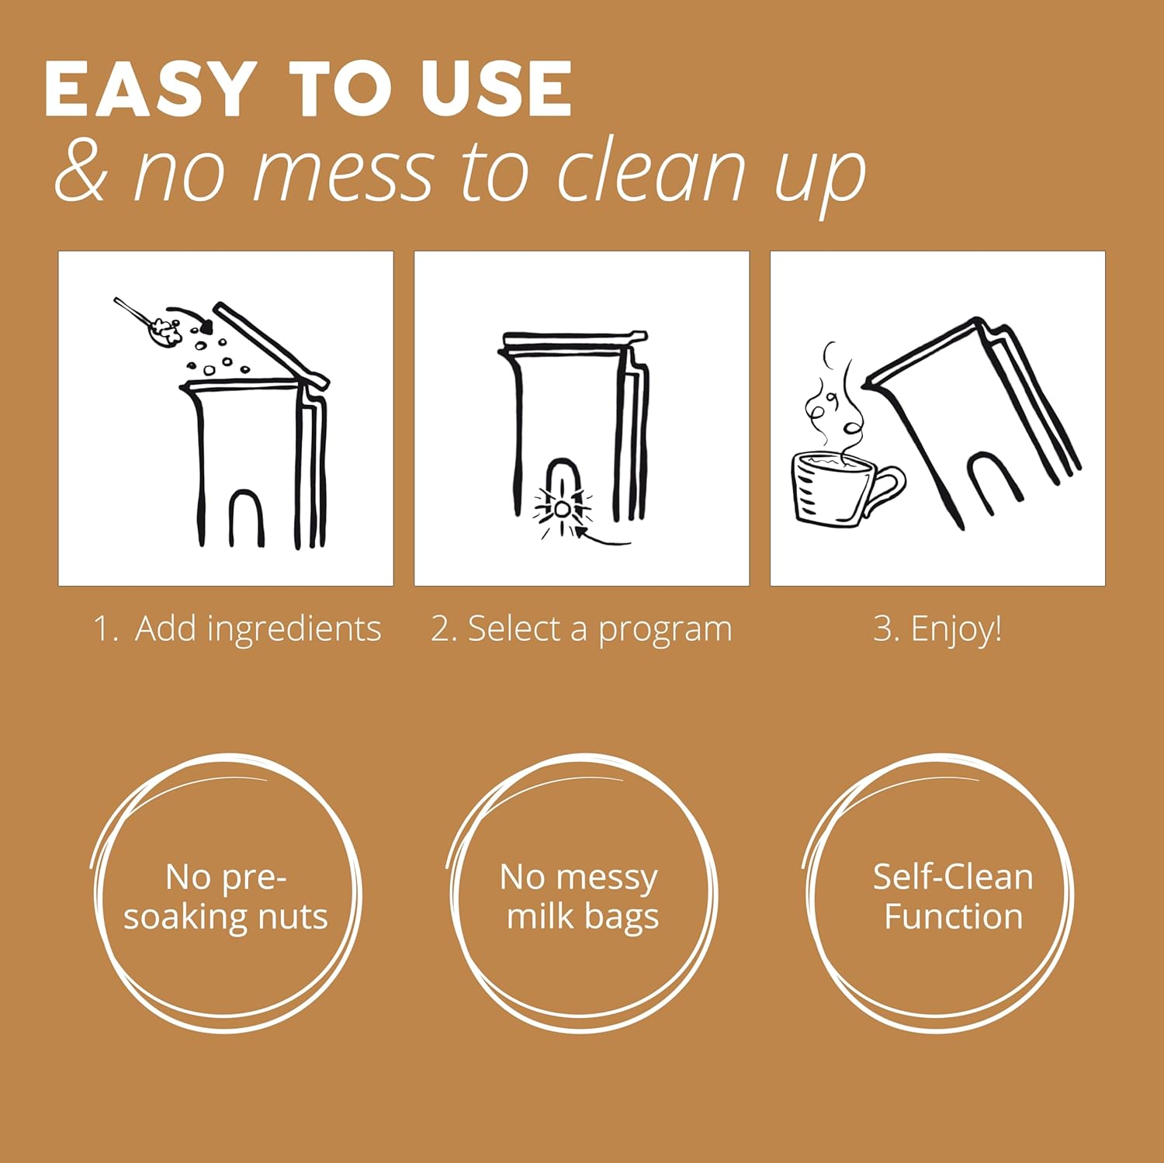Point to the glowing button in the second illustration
[x=561, y=509]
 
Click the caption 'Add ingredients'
[x=258, y=629]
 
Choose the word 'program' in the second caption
[x=665, y=631]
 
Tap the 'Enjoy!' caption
[x=956, y=628]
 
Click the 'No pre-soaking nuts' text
[x=226, y=897]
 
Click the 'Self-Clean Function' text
[x=953, y=896]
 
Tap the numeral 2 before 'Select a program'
[x=441, y=628]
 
